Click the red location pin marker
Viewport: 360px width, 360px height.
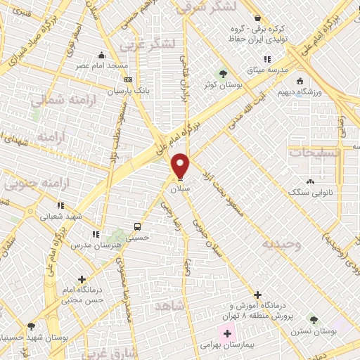(x=181, y=166)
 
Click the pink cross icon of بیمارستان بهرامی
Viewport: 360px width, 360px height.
(x=227, y=332)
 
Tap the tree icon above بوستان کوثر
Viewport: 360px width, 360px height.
(x=223, y=73)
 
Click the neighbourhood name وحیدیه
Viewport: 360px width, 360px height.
(x=282, y=244)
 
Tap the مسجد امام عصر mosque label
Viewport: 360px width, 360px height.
(x=103, y=66)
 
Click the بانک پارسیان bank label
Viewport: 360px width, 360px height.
(x=126, y=91)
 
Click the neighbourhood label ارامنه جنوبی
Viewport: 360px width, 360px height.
(x=32, y=186)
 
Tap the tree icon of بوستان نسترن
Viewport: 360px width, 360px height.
(x=313, y=321)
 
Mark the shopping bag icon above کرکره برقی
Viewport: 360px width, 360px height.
(x=258, y=18)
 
